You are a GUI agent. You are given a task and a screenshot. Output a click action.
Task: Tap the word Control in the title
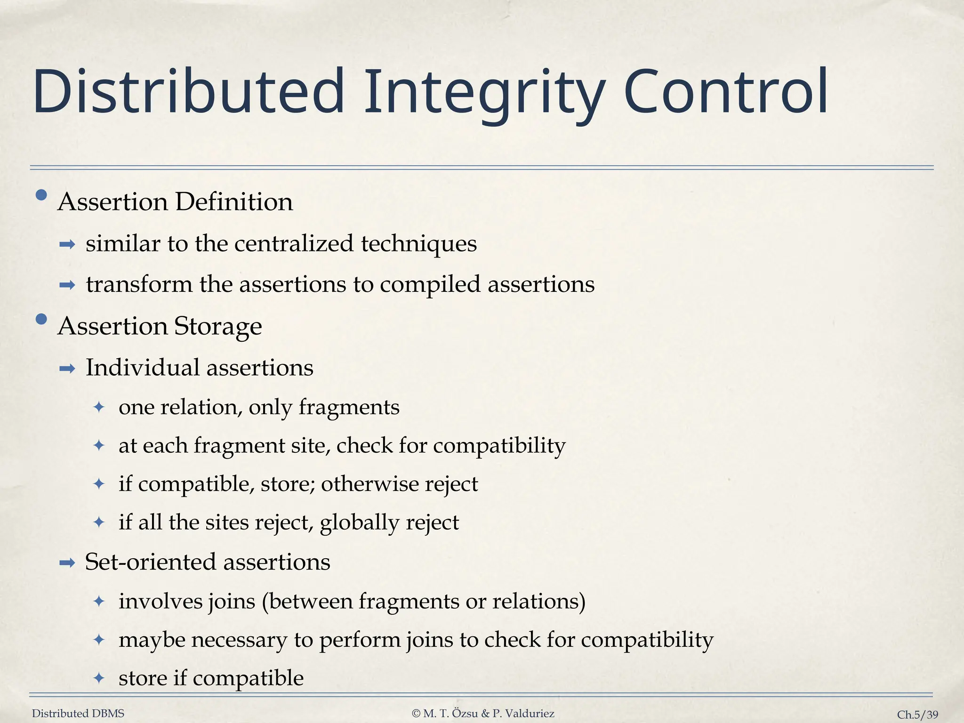(726, 92)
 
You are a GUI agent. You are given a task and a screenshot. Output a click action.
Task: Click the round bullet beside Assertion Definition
(41, 195)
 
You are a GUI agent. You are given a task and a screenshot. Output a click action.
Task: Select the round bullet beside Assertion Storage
(41, 320)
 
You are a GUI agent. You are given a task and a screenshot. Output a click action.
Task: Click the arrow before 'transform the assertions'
(68, 285)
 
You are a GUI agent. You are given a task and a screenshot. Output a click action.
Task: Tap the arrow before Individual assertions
(68, 369)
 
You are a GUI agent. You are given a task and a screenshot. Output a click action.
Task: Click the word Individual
(143, 368)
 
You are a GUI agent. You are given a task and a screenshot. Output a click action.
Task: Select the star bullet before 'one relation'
(99, 407)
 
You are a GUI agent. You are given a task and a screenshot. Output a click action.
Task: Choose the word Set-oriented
(150, 562)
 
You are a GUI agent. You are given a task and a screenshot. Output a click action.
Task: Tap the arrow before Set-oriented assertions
(68, 562)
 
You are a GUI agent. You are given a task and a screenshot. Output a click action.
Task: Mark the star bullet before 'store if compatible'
(99, 678)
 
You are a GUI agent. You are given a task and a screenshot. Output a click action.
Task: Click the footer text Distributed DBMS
(78, 714)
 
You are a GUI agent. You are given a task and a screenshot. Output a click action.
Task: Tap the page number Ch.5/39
(917, 715)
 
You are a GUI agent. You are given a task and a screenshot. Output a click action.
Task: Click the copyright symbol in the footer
(416, 714)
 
